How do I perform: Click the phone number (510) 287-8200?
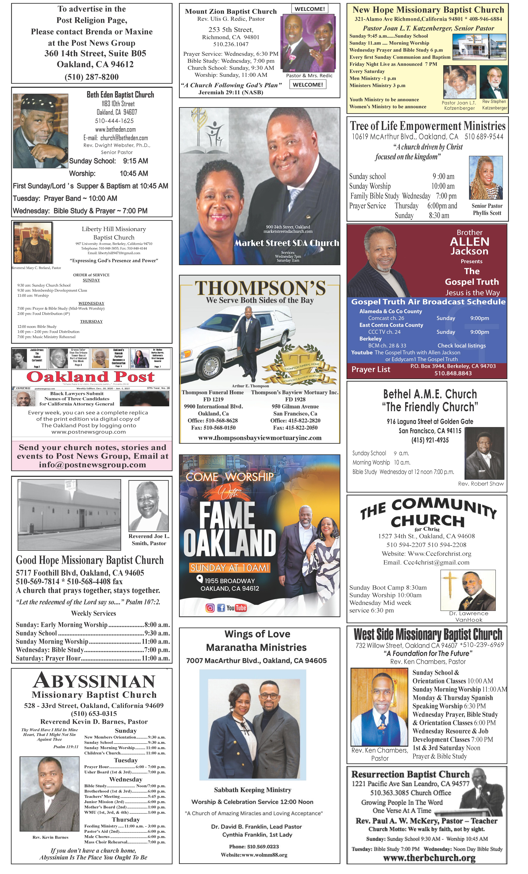click(x=92, y=77)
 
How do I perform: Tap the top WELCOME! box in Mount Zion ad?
click(x=310, y=9)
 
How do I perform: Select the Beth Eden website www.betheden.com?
click(x=115, y=130)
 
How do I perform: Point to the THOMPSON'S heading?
click(x=260, y=288)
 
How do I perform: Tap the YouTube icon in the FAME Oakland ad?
click(x=237, y=608)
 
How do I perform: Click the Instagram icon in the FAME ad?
click(x=210, y=608)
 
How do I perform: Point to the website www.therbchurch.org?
click(x=429, y=858)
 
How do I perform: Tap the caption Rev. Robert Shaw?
click(x=481, y=484)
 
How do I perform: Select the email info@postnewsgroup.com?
click(x=92, y=465)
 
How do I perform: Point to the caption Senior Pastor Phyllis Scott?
click(x=487, y=209)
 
